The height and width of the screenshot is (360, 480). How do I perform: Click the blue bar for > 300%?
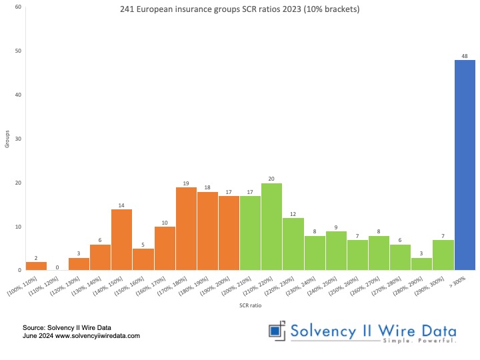[x=465, y=165]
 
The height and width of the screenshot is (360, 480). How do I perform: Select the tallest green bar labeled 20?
[x=271, y=227]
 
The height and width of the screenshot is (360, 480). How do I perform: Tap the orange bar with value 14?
[x=121, y=240]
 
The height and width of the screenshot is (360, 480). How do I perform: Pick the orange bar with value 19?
[x=186, y=229]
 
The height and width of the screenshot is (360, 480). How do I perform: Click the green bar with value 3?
[x=421, y=264]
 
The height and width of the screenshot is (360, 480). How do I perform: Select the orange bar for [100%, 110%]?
[x=36, y=266]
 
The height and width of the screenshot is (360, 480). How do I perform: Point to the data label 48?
[x=465, y=55]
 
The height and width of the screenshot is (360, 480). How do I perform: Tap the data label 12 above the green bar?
[x=293, y=213]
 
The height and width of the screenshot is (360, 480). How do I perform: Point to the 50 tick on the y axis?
[x=18, y=51]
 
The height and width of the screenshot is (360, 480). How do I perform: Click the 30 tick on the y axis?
[x=18, y=139]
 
